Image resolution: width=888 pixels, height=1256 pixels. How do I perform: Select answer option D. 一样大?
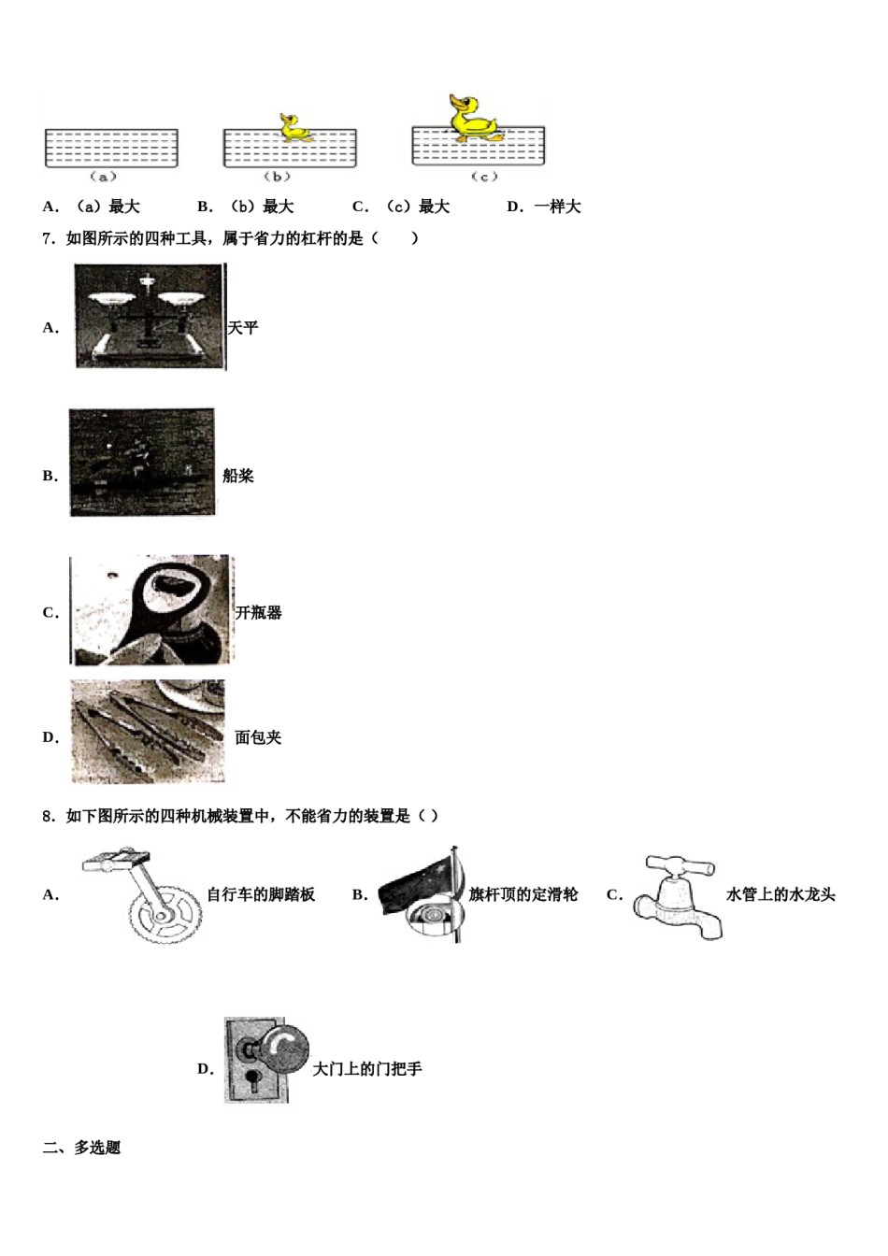tap(544, 207)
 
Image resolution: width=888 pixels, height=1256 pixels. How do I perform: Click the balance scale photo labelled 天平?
tap(149, 317)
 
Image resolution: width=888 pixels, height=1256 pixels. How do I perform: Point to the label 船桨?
tap(238, 476)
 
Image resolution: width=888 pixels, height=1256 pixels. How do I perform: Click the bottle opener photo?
tap(151, 610)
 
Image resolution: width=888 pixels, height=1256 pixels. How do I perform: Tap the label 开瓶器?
tap(258, 613)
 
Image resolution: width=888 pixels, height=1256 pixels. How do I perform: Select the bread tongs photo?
tap(148, 731)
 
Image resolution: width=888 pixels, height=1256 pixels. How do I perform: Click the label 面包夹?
tap(258, 737)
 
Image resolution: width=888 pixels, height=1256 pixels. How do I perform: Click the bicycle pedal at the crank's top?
tap(115, 860)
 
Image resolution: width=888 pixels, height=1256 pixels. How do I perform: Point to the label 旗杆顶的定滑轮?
tap(523, 894)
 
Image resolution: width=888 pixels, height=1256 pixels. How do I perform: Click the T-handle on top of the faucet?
tap(680, 865)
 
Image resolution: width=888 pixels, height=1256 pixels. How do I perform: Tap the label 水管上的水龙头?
tap(781, 894)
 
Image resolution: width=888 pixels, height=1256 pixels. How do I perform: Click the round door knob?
tap(284, 1051)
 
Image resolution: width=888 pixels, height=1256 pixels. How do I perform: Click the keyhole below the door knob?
tap(251, 1081)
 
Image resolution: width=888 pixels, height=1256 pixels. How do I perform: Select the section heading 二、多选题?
tap(82, 1148)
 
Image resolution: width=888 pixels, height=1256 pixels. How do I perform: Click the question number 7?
tap(50, 238)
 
